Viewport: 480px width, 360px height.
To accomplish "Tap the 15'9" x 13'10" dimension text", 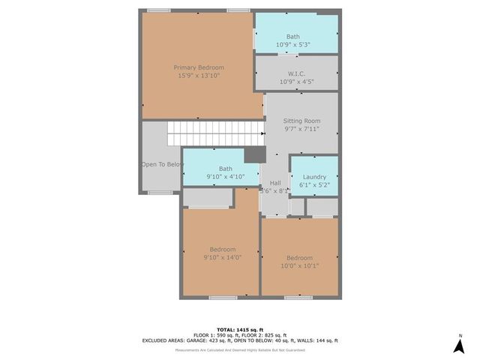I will pos(199,75).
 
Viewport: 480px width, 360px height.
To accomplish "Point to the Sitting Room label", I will pos(301,121).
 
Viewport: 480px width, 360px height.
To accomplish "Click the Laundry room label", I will pos(313,177).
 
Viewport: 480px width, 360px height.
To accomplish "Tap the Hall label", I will pos(275,183).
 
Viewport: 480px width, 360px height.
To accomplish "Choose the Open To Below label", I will pos(162,164).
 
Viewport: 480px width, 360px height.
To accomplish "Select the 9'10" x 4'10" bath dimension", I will pos(225,177).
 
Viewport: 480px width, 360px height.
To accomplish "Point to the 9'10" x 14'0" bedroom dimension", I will pos(222,258).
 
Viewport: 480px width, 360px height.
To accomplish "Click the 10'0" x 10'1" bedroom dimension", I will pos(298,265).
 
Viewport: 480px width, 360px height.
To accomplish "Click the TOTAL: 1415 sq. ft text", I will pos(240,329).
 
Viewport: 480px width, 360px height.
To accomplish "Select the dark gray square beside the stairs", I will pos(256,153).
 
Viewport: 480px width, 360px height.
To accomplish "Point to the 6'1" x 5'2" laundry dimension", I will pos(314,184).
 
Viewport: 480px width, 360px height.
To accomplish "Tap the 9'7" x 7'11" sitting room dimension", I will pos(301,129).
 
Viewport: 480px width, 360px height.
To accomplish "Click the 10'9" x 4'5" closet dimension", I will pos(295,81).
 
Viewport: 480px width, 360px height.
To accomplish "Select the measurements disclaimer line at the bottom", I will pos(240,350).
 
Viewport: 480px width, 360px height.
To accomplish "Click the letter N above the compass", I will pos(460,335).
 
